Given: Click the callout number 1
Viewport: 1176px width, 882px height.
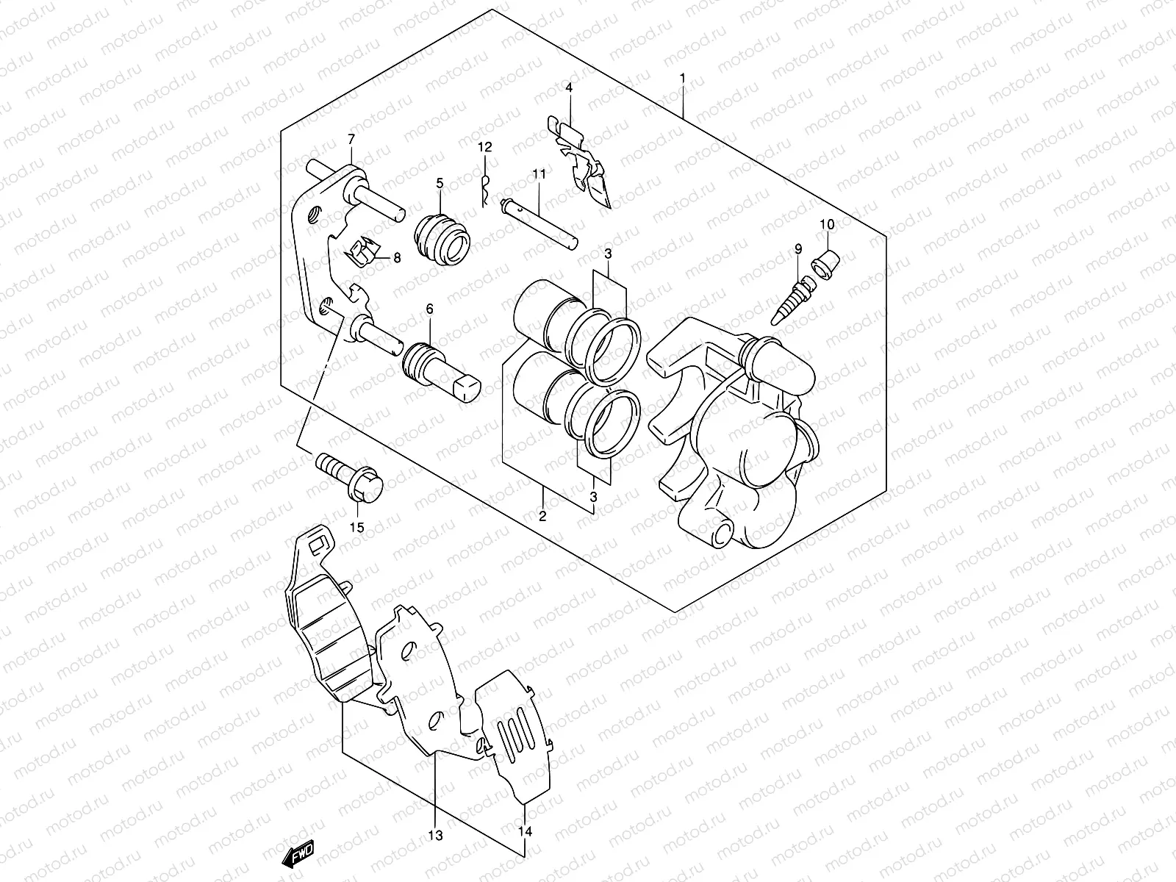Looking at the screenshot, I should tap(683, 77).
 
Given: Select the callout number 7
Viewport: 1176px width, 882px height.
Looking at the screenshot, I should tap(351, 140).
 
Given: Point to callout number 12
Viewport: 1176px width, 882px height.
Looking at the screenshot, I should tap(485, 148).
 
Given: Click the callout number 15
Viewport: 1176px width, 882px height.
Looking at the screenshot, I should tap(357, 527).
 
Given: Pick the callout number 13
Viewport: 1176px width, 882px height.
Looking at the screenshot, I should tap(435, 836).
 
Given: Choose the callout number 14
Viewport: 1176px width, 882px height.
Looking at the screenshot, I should tap(524, 832).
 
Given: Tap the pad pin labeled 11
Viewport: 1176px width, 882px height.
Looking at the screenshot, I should tap(539, 221).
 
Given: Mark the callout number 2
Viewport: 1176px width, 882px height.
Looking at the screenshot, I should tap(542, 516).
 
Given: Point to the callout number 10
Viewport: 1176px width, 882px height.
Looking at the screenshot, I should tap(826, 224).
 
